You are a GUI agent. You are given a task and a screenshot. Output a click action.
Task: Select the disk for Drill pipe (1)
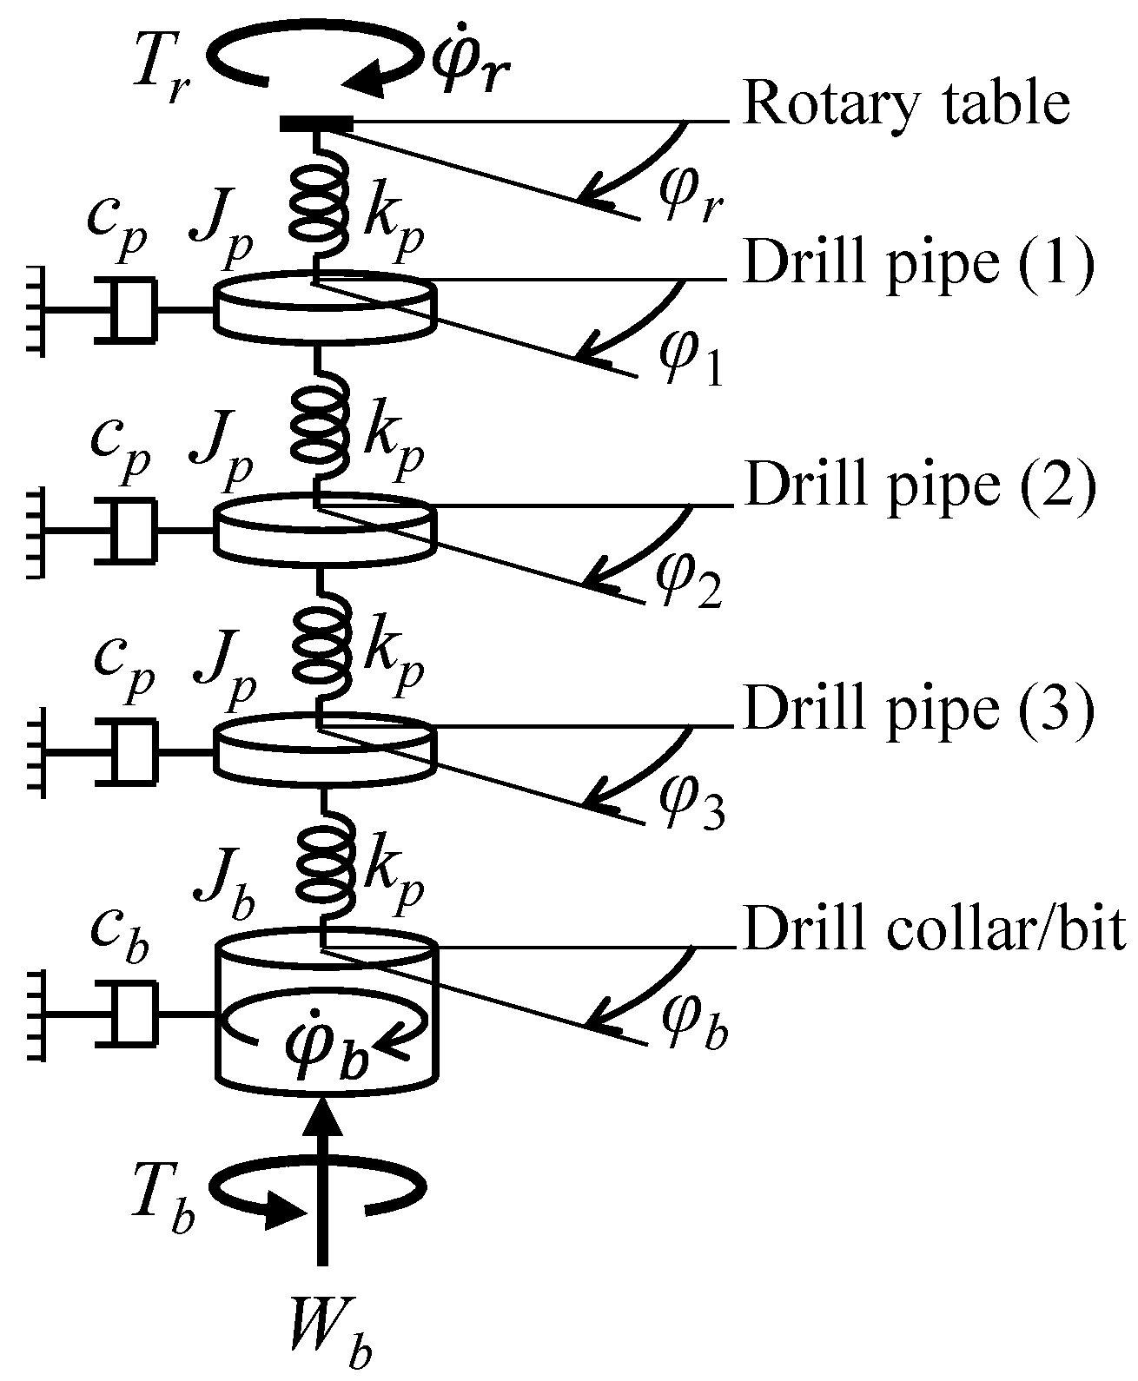pos(323,303)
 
